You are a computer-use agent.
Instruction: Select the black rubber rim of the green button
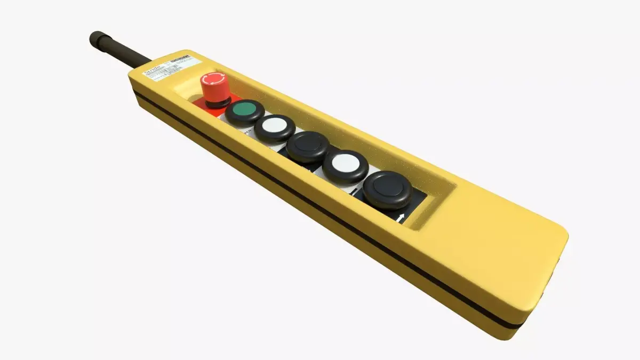pos(245,118)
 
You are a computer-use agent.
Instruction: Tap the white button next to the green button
pos(275,126)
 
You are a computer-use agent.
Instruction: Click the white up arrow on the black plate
pos(401,216)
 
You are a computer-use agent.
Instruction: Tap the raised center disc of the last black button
pos(387,187)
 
